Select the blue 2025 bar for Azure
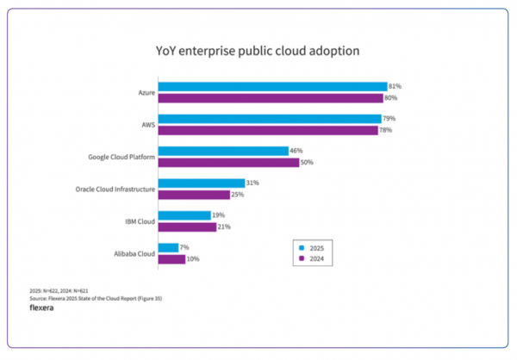pyautogui.click(x=272, y=86)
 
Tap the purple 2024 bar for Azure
pyautogui.click(x=271, y=97)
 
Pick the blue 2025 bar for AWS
pyautogui.click(x=270, y=119)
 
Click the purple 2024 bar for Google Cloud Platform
pyautogui.click(x=228, y=162)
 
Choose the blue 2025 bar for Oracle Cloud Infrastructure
pyautogui.click(x=201, y=183)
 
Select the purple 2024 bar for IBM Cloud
pyautogui.click(x=187, y=227)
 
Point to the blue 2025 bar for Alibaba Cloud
pyautogui.click(x=168, y=248)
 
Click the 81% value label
pyautogui.click(x=396, y=86)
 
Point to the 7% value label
pyautogui.click(x=185, y=248)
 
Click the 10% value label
pyautogui.click(x=194, y=258)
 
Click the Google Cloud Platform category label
pyautogui.click(x=121, y=157)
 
